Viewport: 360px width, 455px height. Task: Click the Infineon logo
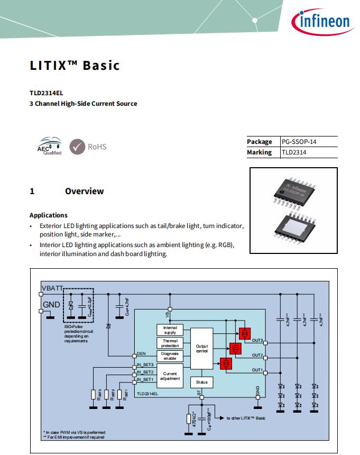pyautogui.click(x=321, y=21)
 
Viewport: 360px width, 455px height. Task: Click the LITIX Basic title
pyautogui.click(x=75, y=66)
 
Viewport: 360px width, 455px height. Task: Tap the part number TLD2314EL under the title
pyautogui.click(x=46, y=92)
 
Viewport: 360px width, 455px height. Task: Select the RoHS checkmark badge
pyautogui.click(x=78, y=147)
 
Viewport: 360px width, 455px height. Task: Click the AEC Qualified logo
pyautogui.click(x=49, y=147)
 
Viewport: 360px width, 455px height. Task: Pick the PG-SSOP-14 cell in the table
pyautogui.click(x=301, y=142)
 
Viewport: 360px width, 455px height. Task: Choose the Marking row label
pyautogui.click(x=259, y=152)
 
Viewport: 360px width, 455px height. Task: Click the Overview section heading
pyautogui.click(x=84, y=191)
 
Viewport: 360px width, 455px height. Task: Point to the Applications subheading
pyautogui.click(x=49, y=215)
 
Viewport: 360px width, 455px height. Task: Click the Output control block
pyautogui.click(x=201, y=349)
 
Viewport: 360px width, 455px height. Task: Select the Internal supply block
pyautogui.click(x=170, y=330)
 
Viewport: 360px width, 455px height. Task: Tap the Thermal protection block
pyautogui.click(x=170, y=343)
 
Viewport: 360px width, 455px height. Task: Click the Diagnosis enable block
pyautogui.click(x=170, y=356)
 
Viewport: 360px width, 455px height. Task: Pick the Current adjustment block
pyautogui.click(x=170, y=376)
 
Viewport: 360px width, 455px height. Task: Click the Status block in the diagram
pyautogui.click(x=201, y=382)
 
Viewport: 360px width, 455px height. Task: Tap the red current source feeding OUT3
pyautogui.click(x=244, y=333)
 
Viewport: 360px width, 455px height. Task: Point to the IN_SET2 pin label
pyautogui.click(x=145, y=372)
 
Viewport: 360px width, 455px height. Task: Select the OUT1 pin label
pyautogui.click(x=257, y=369)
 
